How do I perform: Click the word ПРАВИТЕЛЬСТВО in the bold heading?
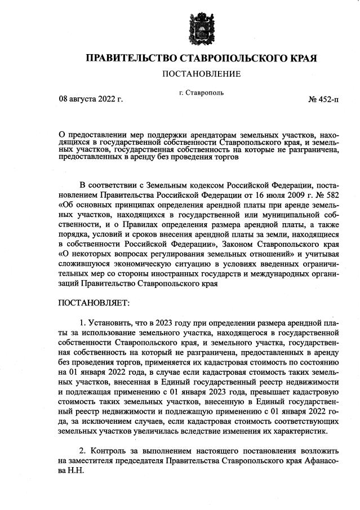coord(130,58)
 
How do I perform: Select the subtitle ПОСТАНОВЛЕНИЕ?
coord(201,74)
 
